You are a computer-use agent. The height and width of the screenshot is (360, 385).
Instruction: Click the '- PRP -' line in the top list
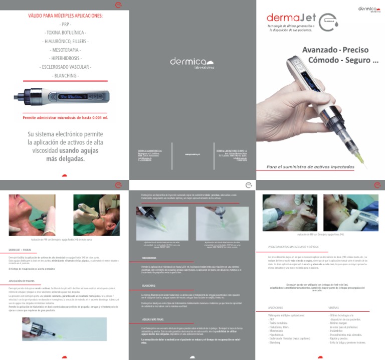coord(64,24)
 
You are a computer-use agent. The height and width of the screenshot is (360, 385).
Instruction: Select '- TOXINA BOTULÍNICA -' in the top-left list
coord(64,33)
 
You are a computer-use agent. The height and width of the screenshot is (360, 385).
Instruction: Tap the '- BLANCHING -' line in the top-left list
coord(64,75)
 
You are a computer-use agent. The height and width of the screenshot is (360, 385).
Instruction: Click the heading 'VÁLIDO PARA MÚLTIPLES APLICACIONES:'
coord(64,16)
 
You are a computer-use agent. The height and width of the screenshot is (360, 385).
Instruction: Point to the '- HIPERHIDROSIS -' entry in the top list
coord(64,58)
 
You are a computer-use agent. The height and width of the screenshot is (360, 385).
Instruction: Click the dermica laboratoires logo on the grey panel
coord(192,62)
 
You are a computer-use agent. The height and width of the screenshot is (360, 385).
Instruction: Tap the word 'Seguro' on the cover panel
coord(357,61)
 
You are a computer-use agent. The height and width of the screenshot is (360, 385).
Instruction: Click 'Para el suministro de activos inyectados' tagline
coord(315,166)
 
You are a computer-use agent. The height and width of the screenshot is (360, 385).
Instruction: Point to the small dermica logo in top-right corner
coord(369,10)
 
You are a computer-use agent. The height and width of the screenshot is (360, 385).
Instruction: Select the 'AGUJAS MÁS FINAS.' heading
coord(152,319)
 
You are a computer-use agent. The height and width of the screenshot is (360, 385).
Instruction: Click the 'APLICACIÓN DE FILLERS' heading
coord(22,281)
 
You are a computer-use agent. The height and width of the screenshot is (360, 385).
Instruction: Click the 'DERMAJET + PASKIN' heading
coord(21,249)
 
